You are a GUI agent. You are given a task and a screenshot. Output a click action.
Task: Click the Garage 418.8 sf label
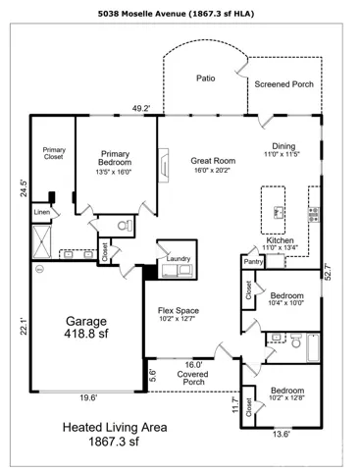pyautogui.click(x=86, y=327)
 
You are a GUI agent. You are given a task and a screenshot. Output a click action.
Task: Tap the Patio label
pyautogui.click(x=206, y=78)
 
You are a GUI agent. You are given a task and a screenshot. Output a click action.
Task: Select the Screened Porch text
pyautogui.click(x=283, y=84)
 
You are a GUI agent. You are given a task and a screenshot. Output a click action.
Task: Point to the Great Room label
pyautogui.click(x=213, y=161)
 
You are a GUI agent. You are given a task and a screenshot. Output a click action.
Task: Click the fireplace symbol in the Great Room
pyautogui.click(x=164, y=165)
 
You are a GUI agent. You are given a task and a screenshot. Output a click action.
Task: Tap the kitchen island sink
pyautogui.click(x=279, y=213)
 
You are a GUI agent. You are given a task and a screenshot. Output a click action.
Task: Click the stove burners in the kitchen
pyautogui.click(x=314, y=214)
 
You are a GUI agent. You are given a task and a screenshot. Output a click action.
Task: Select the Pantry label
pyautogui.click(x=253, y=262)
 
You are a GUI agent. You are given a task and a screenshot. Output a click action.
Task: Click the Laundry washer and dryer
pyautogui.click(x=177, y=271)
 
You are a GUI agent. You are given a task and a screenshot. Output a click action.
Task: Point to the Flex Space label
pyautogui.click(x=179, y=310)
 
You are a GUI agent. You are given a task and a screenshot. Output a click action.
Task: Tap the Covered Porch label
pyautogui.click(x=192, y=378)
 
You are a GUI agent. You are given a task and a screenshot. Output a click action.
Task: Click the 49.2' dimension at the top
pyautogui.click(x=141, y=109)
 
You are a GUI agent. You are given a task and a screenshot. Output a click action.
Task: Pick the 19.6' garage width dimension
pyautogui.click(x=88, y=398)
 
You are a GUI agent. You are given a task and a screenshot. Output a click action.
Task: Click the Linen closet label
pyautogui.click(x=42, y=212)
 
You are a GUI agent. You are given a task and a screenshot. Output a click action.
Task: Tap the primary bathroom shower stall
pyautogui.click(x=42, y=241)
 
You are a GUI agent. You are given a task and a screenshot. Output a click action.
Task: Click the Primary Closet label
pyautogui.click(x=54, y=153)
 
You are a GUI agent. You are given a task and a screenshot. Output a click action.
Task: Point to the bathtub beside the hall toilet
pyautogui.click(x=313, y=347)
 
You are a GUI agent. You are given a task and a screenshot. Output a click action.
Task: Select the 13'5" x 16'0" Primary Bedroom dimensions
pyautogui.click(x=114, y=172)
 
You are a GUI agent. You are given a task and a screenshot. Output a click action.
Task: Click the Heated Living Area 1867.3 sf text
pyautogui.click(x=115, y=435)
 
